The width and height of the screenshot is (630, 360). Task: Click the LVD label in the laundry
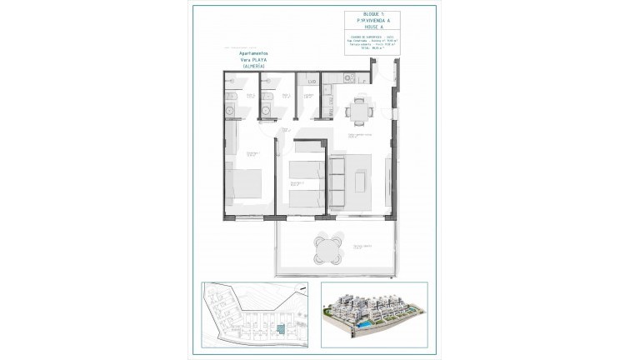click(x=311, y=81)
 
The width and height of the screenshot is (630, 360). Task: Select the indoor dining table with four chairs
click(x=358, y=108)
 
